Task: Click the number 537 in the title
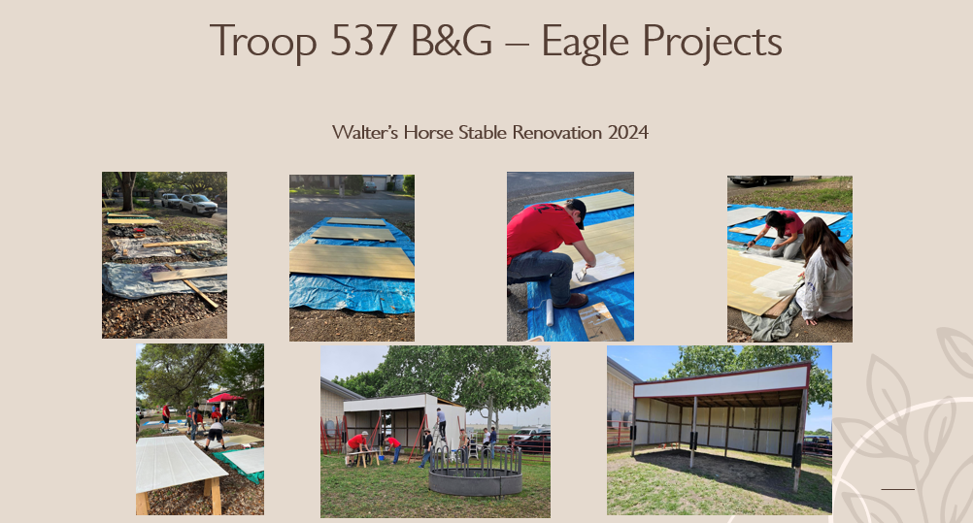pyautogui.click(x=363, y=41)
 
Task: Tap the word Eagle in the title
pyautogui.click(x=585, y=42)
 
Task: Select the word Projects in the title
pyautogui.click(x=711, y=42)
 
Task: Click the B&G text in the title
pyautogui.click(x=452, y=41)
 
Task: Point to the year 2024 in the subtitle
pyautogui.click(x=628, y=132)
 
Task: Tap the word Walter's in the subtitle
pyautogui.click(x=365, y=132)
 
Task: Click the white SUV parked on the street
pyautogui.click(x=198, y=204)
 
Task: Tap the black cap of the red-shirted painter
pyautogui.click(x=578, y=211)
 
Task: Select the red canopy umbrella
pyautogui.click(x=224, y=397)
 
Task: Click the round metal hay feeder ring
pyautogui.click(x=475, y=474)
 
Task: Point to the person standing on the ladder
pyautogui.click(x=441, y=423)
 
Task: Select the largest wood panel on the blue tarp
pyautogui.click(x=352, y=261)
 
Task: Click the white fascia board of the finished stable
pyautogui.click(x=721, y=380)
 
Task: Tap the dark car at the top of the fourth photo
pyautogui.click(x=760, y=180)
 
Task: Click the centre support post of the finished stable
pyautogui.click(x=693, y=432)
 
